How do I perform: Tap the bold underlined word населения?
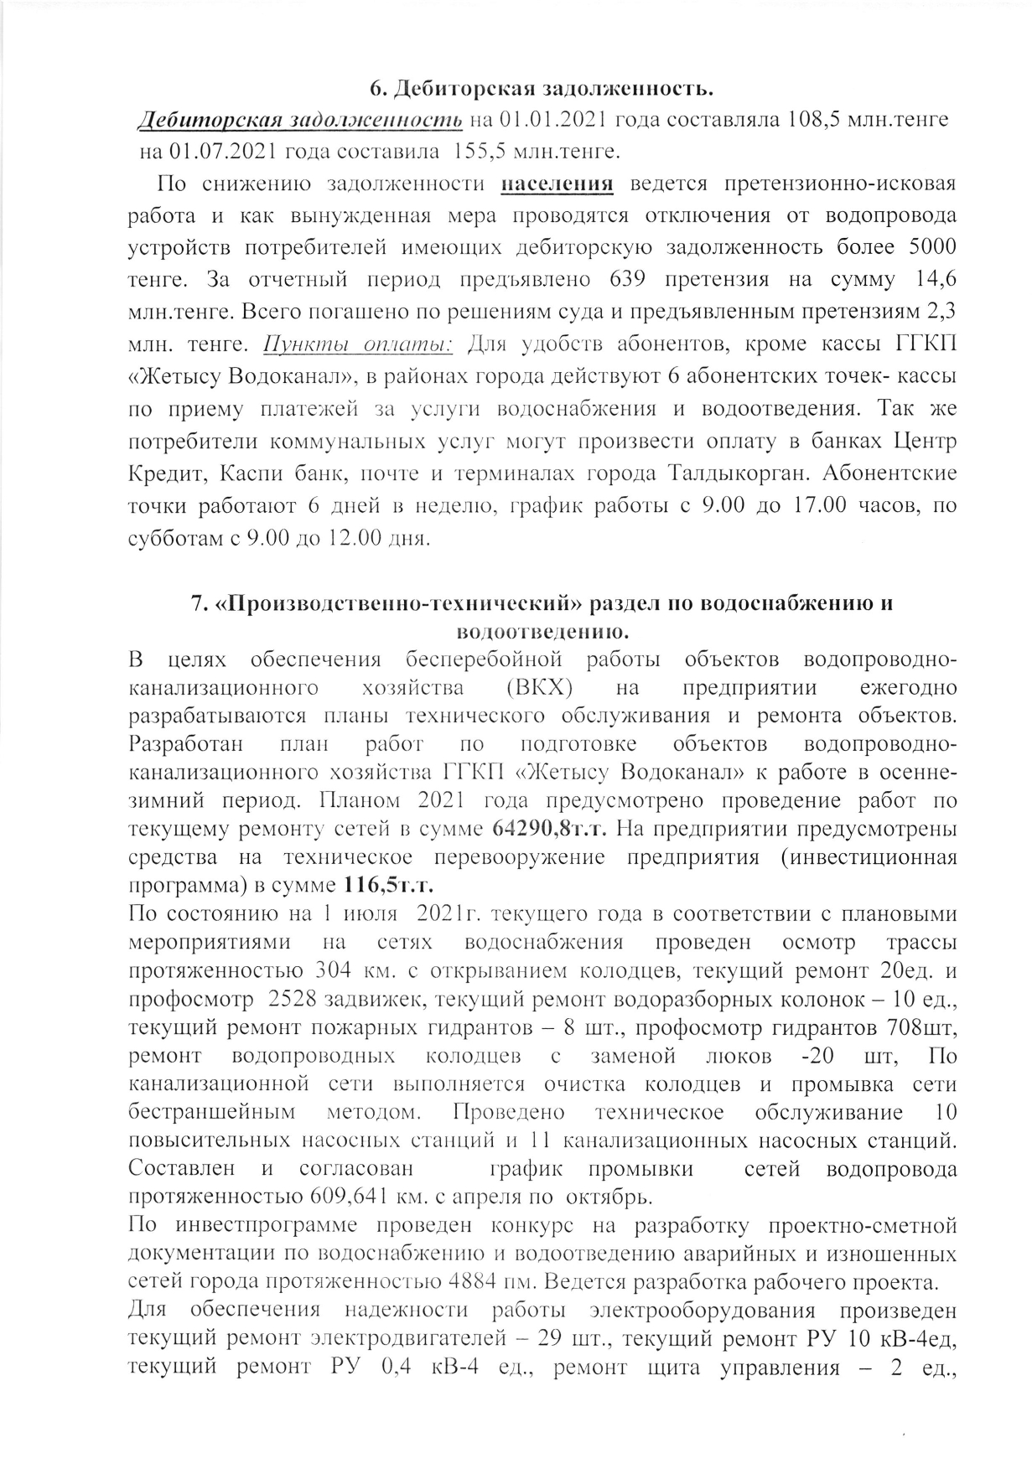coord(557,184)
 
